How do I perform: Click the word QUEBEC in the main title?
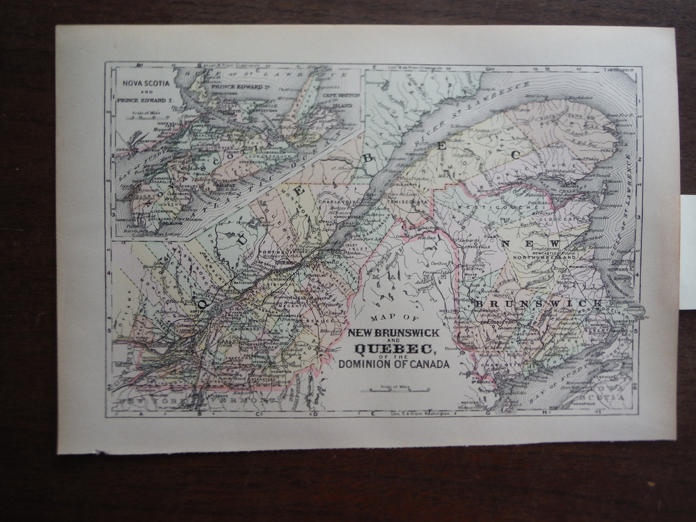394,349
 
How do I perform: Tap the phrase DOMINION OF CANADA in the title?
394,363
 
